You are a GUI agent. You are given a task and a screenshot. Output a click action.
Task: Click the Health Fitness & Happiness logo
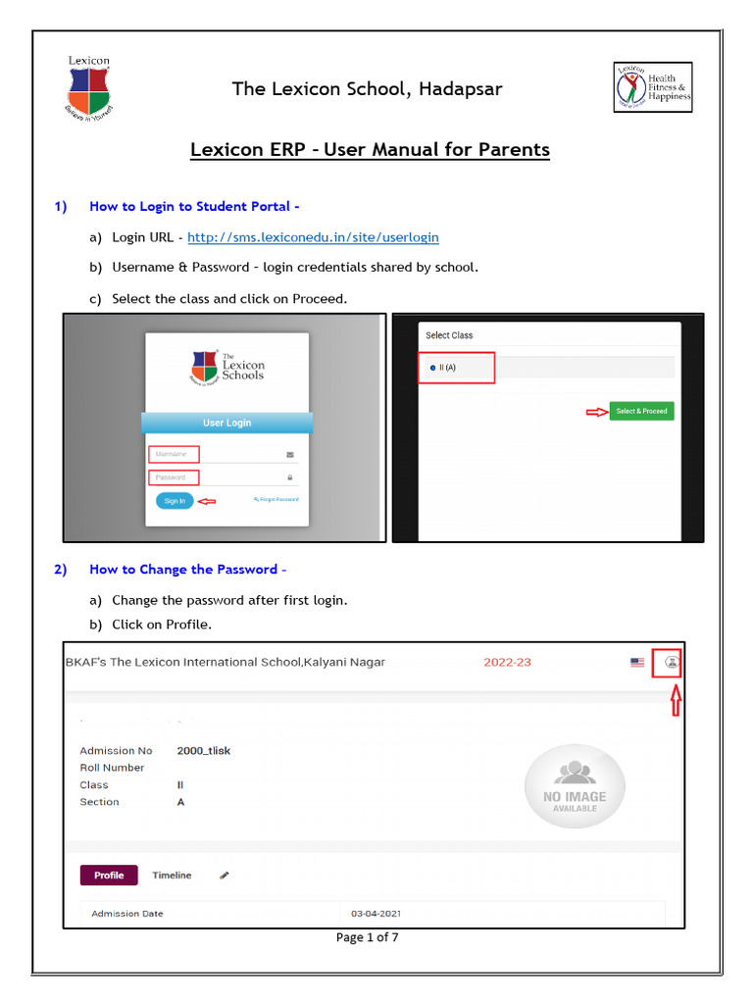(x=653, y=87)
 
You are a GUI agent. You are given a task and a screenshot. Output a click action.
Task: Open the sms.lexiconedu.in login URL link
(x=313, y=237)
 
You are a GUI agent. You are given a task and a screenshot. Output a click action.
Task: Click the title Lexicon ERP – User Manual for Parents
(x=370, y=150)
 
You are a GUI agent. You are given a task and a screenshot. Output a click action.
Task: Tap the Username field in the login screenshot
(x=174, y=454)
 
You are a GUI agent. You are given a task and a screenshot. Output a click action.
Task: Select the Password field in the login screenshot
(x=174, y=477)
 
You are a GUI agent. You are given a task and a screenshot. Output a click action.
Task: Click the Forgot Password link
(x=276, y=500)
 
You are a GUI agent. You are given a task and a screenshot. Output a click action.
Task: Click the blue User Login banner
(x=226, y=423)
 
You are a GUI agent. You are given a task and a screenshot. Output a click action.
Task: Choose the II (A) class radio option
(x=433, y=368)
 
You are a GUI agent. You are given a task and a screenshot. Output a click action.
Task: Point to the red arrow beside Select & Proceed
(x=595, y=412)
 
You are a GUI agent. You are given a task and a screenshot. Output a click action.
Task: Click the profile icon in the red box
(x=671, y=663)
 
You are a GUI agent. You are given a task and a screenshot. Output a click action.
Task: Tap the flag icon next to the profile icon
(x=637, y=663)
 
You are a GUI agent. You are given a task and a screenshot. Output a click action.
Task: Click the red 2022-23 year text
(x=507, y=662)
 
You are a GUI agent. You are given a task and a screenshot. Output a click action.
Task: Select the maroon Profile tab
(x=109, y=875)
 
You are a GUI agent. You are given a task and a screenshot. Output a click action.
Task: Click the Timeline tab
(x=172, y=875)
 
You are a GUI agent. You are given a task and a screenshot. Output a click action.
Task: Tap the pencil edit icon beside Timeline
(x=225, y=875)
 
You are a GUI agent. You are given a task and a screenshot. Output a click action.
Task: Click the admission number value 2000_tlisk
(x=203, y=751)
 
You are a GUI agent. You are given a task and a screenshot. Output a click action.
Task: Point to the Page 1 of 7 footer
(x=368, y=937)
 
